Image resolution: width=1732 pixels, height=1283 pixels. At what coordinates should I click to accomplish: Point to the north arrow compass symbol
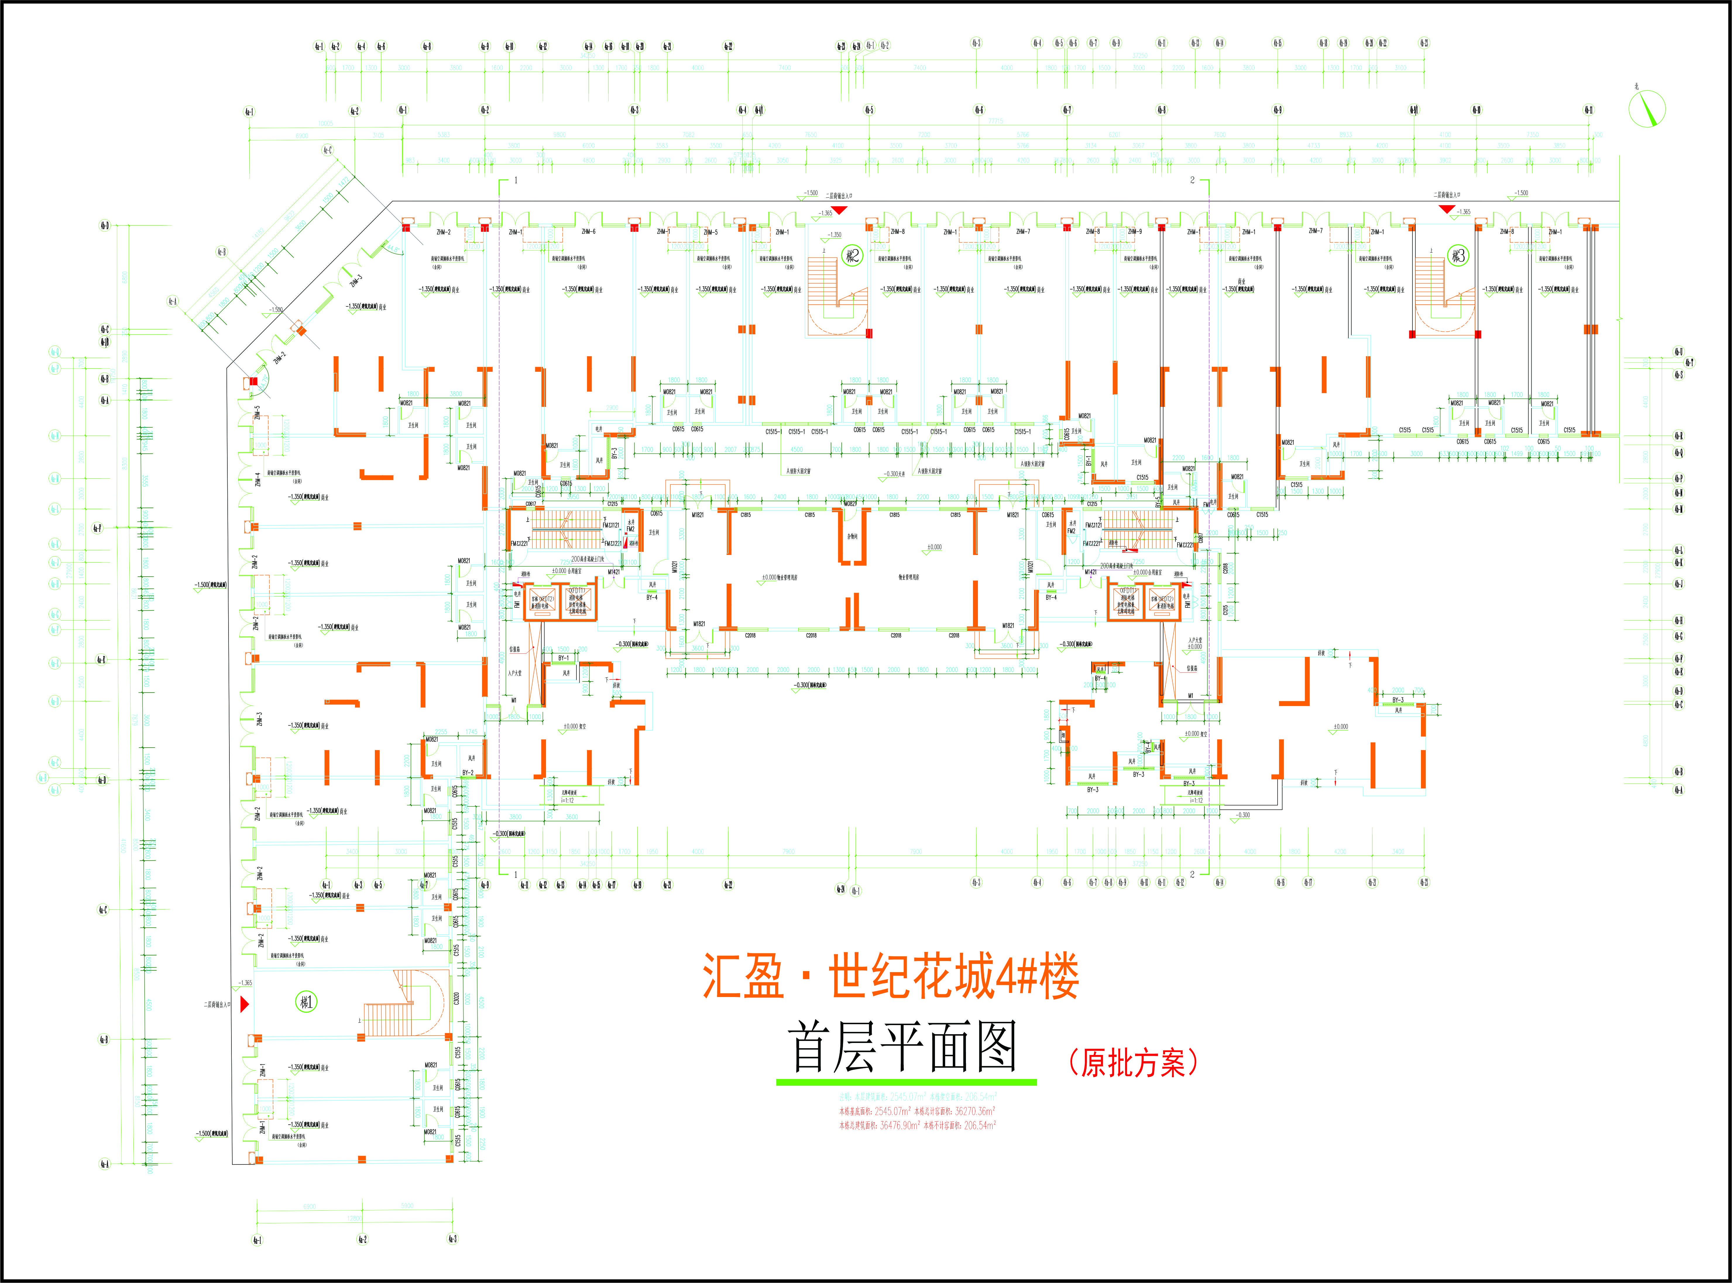coord(1646,108)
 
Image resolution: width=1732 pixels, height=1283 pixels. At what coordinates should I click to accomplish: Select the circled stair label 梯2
coord(852,256)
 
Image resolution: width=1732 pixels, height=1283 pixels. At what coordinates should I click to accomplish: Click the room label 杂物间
coord(852,536)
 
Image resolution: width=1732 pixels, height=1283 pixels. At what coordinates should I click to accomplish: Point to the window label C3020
coord(456,998)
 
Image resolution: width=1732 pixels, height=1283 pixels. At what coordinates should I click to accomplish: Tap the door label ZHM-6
coord(588,232)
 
